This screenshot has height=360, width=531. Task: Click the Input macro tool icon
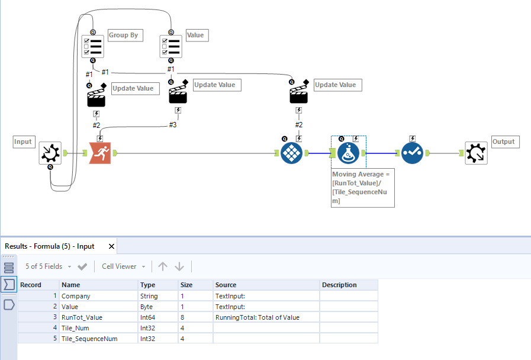[50, 153]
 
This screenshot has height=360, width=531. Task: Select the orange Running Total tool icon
[99, 153]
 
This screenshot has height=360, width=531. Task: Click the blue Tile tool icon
[291, 153]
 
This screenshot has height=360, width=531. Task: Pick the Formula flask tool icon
[348, 153]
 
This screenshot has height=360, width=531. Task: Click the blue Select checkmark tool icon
[412, 153]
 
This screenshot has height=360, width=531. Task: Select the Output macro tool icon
[476, 153]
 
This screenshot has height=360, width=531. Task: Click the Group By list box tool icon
[92, 46]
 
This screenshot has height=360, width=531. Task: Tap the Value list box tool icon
[170, 46]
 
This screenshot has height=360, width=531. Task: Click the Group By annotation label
[124, 36]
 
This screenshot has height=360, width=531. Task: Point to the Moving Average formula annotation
[362, 188]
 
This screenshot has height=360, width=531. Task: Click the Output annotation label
[504, 142]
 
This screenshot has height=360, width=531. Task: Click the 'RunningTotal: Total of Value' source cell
[258, 317]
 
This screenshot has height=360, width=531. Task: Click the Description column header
[339, 285]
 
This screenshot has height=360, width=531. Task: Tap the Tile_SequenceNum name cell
[89, 339]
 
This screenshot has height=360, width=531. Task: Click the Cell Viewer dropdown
[123, 266]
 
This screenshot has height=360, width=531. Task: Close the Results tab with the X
[111, 246]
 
